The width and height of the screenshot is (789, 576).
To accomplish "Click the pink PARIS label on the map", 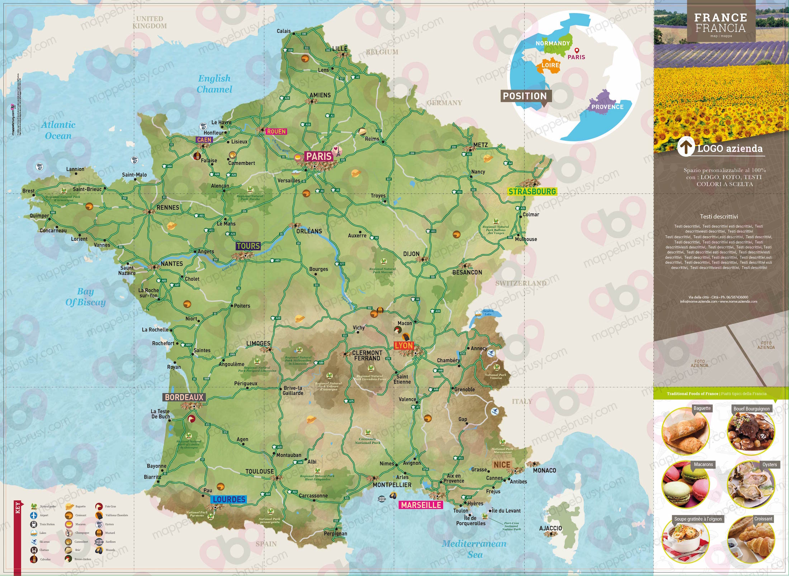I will [x=318, y=156].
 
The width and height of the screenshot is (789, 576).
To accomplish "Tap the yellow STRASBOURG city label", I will [x=532, y=192].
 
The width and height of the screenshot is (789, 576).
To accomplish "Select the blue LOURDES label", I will [x=229, y=500].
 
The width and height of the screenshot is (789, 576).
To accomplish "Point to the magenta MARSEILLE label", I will [x=421, y=505].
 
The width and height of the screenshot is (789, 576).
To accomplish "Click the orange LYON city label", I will [x=404, y=346].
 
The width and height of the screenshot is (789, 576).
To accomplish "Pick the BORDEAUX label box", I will [x=184, y=397].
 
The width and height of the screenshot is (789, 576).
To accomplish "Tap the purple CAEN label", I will [x=204, y=140].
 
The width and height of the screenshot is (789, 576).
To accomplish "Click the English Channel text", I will [x=214, y=84].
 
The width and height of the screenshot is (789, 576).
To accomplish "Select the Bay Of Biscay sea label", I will [x=85, y=297].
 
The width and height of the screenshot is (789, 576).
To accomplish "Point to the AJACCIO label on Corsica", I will [x=551, y=528].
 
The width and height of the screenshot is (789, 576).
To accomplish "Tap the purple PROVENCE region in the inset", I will [x=606, y=104].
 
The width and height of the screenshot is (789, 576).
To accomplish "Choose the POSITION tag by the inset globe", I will [x=525, y=96].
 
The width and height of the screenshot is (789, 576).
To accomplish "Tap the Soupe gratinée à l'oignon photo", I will [x=685, y=540].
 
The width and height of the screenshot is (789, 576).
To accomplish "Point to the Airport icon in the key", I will [x=34, y=515].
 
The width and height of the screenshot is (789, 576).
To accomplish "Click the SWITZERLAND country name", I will [x=521, y=283].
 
